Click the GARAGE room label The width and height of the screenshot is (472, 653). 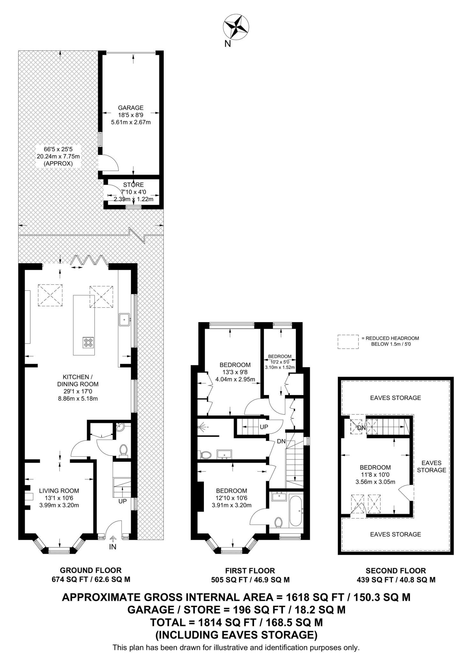click(x=131, y=108)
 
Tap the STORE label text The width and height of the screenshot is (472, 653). click(x=133, y=185)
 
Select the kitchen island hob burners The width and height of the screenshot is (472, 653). click(x=88, y=342)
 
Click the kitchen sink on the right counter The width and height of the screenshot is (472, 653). click(x=124, y=319)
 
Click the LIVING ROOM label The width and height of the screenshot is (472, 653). click(x=59, y=491)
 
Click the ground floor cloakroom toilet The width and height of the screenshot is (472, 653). click(x=124, y=450)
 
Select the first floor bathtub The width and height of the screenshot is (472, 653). click(x=296, y=510)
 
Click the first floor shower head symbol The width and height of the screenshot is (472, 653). click(x=202, y=426)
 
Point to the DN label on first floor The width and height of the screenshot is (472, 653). click(x=281, y=442)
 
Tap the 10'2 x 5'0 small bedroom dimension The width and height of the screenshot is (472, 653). click(x=280, y=362)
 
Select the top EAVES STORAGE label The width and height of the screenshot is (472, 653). click(x=395, y=398)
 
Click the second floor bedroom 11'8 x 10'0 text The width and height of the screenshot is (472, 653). click(x=375, y=474)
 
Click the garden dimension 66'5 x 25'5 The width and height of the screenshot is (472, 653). click(x=58, y=149)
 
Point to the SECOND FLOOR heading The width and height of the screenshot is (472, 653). click(x=396, y=571)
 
